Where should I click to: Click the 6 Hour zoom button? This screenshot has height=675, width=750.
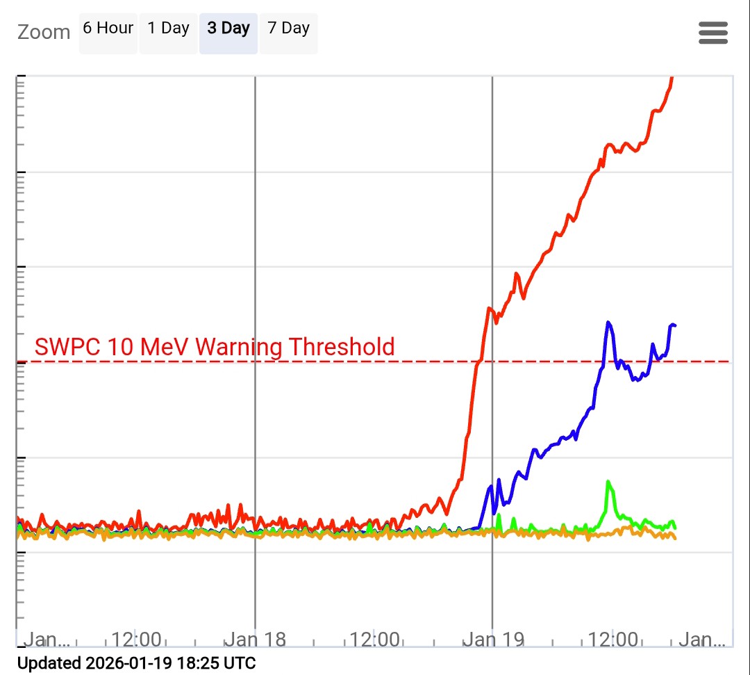(108, 29)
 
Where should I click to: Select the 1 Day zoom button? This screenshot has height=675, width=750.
(168, 29)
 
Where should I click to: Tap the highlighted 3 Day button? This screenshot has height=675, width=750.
(228, 29)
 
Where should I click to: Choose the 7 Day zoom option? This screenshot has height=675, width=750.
(288, 29)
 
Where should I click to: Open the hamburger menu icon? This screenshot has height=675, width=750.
(713, 33)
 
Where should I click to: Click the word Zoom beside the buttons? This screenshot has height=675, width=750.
(44, 32)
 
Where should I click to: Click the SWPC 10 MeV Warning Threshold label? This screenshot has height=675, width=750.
(215, 346)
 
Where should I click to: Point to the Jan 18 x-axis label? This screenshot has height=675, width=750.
(255, 640)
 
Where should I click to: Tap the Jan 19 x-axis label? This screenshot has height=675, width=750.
(492, 640)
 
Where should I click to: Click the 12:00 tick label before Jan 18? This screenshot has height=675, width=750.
(137, 640)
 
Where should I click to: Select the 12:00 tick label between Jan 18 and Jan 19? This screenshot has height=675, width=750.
(375, 640)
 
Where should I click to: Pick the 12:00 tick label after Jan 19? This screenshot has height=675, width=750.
(613, 640)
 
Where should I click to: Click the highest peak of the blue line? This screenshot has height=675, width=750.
(608, 323)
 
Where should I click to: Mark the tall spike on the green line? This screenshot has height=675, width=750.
(608, 482)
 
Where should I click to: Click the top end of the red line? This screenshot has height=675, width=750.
(672, 79)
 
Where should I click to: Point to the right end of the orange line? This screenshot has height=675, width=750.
(674, 537)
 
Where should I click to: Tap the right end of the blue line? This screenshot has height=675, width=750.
(674, 325)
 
